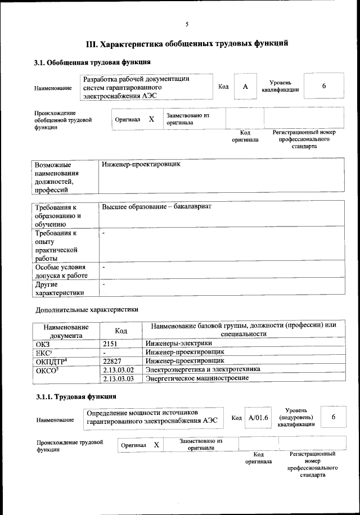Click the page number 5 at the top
click(187, 24)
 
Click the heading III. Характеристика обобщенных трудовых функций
click(187, 43)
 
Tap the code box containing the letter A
click(245, 87)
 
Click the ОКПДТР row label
click(51, 360)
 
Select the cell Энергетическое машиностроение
click(197, 378)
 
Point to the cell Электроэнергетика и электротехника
click(203, 369)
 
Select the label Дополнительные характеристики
click(86, 309)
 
